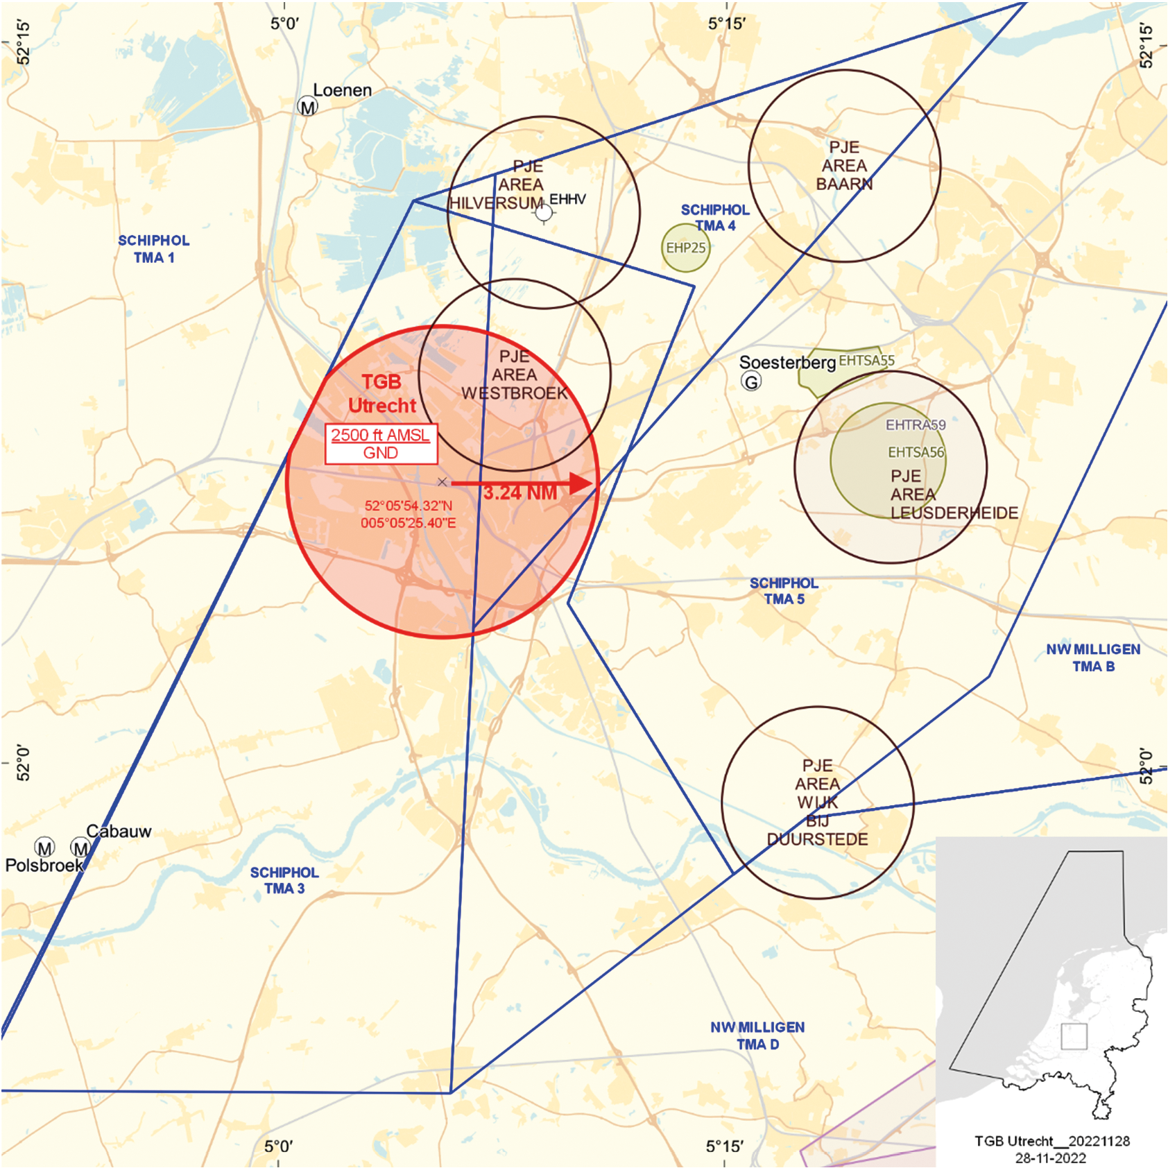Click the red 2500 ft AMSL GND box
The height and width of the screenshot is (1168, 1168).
pos(381,444)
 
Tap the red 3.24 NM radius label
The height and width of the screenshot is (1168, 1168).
pos(520,493)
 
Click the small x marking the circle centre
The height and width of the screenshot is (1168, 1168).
pos(443,482)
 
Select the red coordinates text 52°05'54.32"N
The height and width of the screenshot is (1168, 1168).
pos(408,506)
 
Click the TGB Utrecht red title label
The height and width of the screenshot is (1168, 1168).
pos(381,393)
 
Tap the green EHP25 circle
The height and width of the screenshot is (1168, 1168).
pos(685,248)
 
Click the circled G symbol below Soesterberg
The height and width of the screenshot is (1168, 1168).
pos(750,381)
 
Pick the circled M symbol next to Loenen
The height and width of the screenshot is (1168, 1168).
pos(307,107)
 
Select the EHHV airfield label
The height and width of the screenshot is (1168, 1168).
pos(567,200)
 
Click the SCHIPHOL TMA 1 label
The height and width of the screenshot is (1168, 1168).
pos(154,249)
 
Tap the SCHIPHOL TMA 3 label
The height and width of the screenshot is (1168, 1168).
pos(284,880)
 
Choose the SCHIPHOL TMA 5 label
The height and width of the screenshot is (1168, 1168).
pos(784,591)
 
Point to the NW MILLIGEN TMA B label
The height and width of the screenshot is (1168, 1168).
pos(1093,658)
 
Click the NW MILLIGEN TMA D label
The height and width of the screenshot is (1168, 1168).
pos(757,1036)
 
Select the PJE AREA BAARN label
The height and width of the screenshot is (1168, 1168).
pos(844,166)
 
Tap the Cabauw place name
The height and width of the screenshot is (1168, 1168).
pos(119,831)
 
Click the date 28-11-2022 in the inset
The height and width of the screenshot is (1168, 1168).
pos(1051,1158)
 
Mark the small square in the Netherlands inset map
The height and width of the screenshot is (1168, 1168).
pos(1074,1036)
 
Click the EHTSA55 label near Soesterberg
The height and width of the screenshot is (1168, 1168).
pos(866,361)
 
